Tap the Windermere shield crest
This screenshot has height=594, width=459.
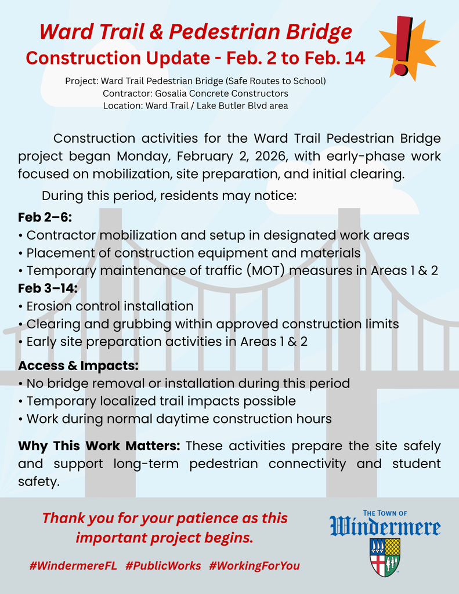point(385,556)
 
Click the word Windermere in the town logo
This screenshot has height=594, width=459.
point(385,527)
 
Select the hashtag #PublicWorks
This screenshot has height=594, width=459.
point(163,566)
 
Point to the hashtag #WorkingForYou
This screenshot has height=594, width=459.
point(255,566)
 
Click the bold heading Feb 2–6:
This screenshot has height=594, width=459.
point(45,218)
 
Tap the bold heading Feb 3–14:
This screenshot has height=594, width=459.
point(48,288)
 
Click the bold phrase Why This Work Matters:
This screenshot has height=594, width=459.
point(99,446)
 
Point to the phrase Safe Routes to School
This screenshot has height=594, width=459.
point(273,81)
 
